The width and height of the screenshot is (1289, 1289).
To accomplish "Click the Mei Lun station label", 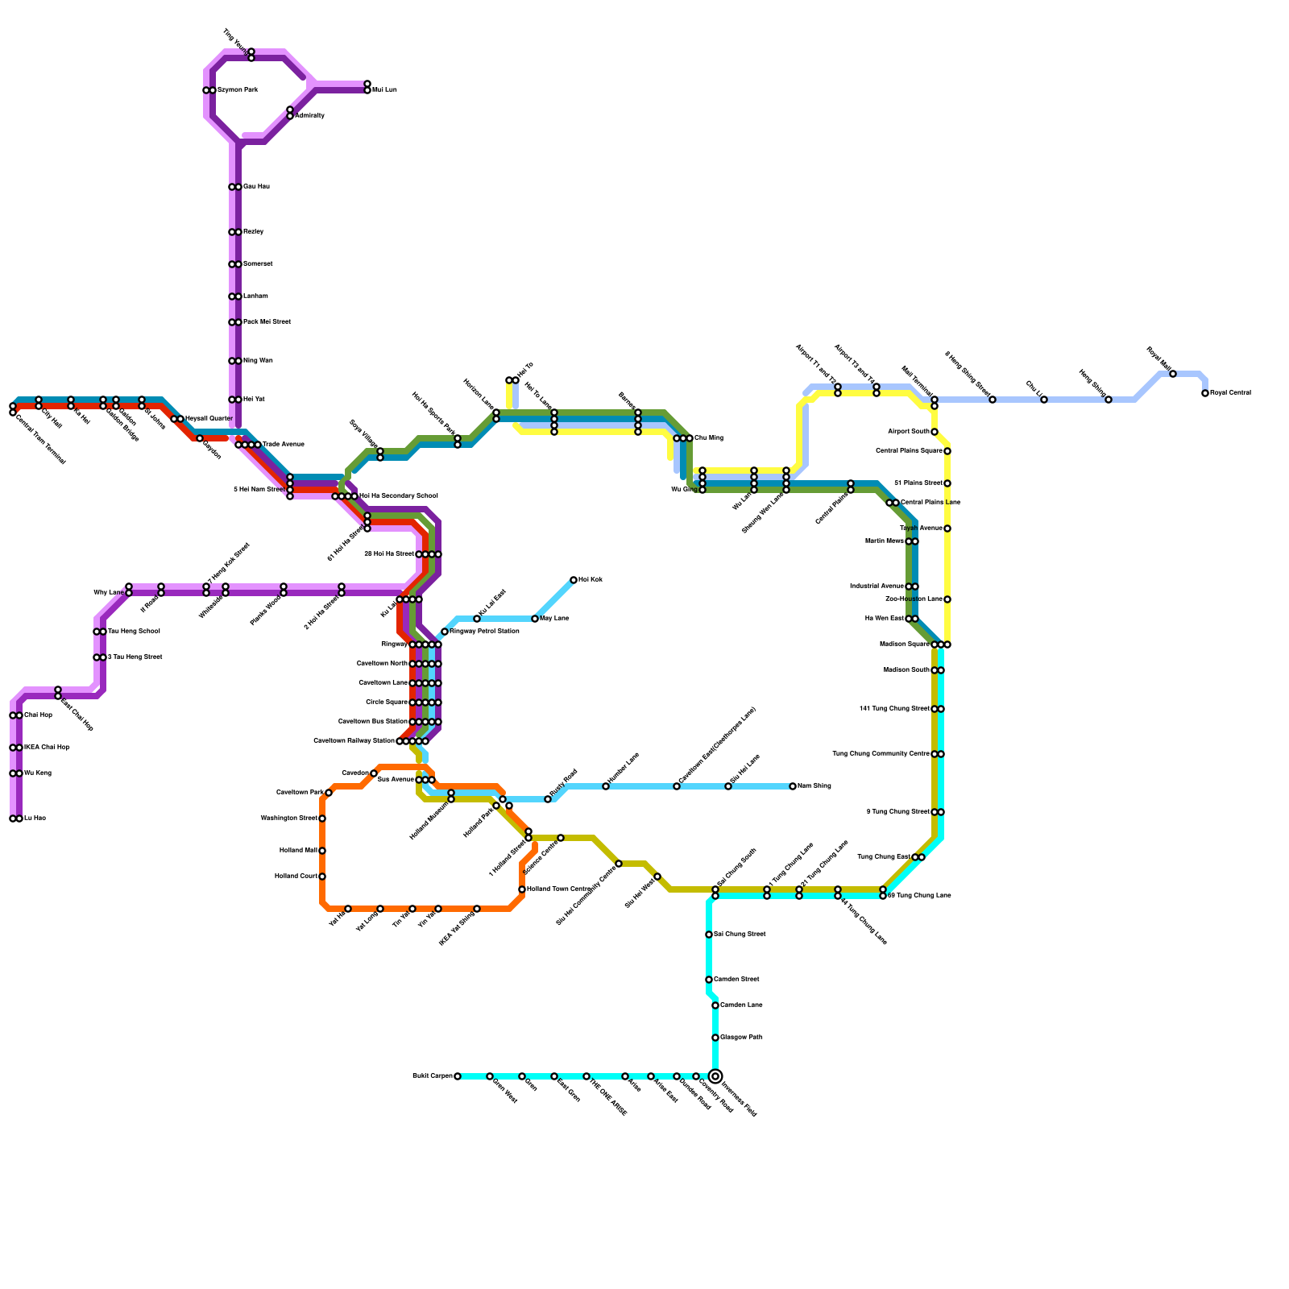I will point(384,90).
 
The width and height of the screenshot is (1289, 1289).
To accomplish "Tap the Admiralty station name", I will point(310,116).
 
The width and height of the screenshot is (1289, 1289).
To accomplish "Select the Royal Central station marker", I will point(1205,393).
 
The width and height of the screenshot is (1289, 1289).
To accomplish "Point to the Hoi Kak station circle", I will point(574,580).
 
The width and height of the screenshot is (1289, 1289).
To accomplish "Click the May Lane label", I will point(554,619).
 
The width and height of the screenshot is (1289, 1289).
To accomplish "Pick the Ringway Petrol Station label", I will point(484,632).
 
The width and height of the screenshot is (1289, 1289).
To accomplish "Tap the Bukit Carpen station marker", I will point(458,1076).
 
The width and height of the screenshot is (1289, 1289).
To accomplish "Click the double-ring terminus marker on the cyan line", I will point(715,1076).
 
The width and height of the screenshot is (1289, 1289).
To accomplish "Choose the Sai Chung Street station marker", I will point(709,935).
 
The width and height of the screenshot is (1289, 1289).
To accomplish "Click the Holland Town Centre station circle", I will point(522,889).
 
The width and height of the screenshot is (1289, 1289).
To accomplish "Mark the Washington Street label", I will point(288,819).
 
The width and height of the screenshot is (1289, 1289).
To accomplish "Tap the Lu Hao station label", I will point(35,819).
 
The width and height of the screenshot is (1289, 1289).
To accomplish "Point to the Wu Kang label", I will point(38,773).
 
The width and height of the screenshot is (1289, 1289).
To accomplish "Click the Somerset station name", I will point(258,264).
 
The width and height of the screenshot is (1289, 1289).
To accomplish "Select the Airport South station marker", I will point(935,432).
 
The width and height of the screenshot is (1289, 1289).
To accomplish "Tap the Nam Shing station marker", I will point(793,786).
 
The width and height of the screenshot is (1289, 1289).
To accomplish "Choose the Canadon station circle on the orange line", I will point(374,773).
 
